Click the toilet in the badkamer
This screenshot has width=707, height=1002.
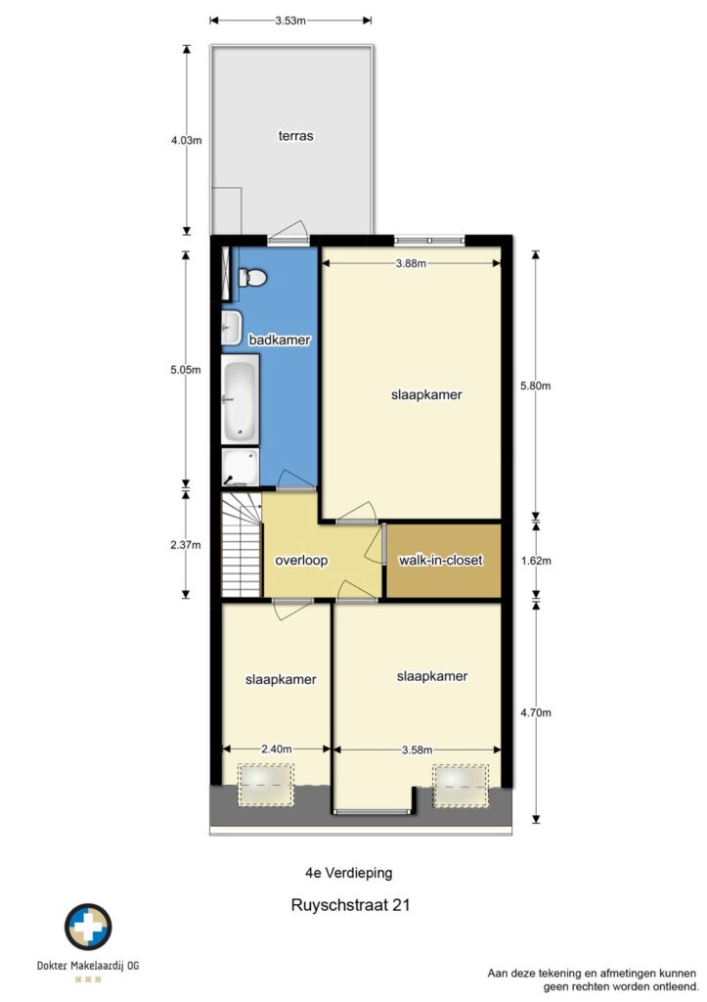(252, 278)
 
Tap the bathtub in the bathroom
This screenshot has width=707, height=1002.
(241, 399)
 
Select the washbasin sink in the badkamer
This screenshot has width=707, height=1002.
(231, 329)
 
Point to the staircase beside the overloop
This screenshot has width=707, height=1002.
(242, 544)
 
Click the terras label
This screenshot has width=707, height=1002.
(295, 135)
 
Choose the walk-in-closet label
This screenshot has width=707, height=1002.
(441, 561)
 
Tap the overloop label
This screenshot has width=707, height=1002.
(301, 561)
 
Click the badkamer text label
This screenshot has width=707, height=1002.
(280, 340)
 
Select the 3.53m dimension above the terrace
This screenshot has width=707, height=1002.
(290, 21)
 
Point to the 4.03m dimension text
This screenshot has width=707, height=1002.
(187, 141)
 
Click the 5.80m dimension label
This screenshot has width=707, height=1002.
(535, 386)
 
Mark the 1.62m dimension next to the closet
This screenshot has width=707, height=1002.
(535, 561)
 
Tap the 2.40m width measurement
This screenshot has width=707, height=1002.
(277, 749)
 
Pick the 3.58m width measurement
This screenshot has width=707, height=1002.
(417, 750)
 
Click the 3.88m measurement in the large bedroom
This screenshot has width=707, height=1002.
(411, 262)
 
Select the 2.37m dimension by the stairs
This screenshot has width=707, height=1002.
(186, 544)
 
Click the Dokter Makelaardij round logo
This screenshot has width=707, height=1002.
(88, 927)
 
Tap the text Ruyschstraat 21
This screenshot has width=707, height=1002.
(351, 905)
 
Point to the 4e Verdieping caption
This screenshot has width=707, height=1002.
(349, 872)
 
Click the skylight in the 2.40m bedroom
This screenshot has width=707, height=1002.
(266, 784)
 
